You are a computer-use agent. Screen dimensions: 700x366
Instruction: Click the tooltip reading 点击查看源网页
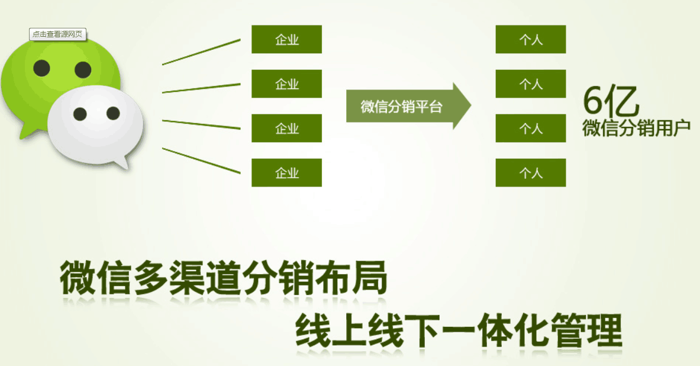tap(57, 34)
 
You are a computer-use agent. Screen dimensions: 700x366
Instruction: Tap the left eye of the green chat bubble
tap(41, 68)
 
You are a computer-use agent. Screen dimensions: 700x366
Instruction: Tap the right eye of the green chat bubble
tap(83, 70)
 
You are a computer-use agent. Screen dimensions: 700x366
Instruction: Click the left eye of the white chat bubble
tap(80, 114)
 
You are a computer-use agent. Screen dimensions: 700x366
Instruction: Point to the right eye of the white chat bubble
tap(114, 113)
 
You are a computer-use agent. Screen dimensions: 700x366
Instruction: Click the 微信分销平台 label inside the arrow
tap(401, 107)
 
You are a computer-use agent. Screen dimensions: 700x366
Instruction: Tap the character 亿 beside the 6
tap(622, 100)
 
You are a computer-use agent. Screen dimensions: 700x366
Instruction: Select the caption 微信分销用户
tap(636, 129)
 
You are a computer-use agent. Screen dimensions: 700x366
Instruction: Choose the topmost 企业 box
tap(286, 39)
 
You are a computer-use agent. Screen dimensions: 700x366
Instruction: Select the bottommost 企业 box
tap(286, 172)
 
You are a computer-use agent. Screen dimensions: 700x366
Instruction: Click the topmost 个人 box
tap(531, 39)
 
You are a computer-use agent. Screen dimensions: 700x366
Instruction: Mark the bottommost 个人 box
tap(531, 172)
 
